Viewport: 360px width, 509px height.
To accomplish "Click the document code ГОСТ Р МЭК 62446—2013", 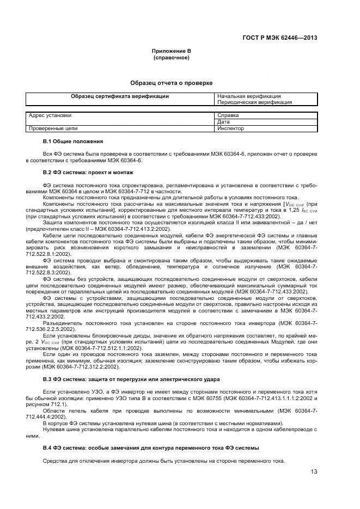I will [279, 38].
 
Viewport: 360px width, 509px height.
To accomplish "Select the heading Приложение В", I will [171, 51].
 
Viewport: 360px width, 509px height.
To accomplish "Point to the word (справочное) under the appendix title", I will [171, 57].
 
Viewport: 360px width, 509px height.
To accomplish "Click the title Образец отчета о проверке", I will [171, 83].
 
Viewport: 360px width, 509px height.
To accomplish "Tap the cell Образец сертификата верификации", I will [120, 96].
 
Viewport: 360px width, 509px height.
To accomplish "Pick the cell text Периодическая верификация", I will [254, 102].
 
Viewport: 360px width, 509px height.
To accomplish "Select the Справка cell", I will [228, 115].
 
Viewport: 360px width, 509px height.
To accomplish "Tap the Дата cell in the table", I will [224, 122].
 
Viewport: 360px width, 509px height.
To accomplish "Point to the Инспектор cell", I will [230, 128].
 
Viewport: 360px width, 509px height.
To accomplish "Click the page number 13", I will [314, 472].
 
